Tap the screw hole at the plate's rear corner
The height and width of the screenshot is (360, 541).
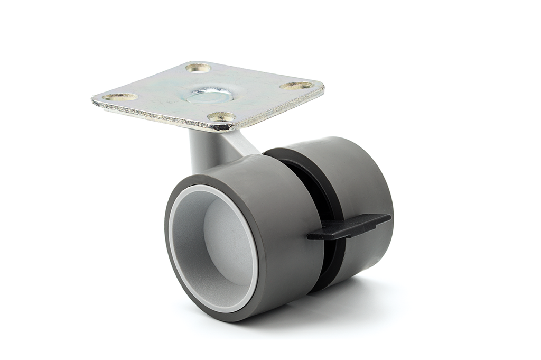point(198,68)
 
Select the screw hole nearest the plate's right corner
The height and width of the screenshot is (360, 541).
point(296,86)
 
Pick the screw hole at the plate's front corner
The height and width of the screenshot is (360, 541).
point(221,116)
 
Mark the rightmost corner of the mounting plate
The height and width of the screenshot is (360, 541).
point(323,87)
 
